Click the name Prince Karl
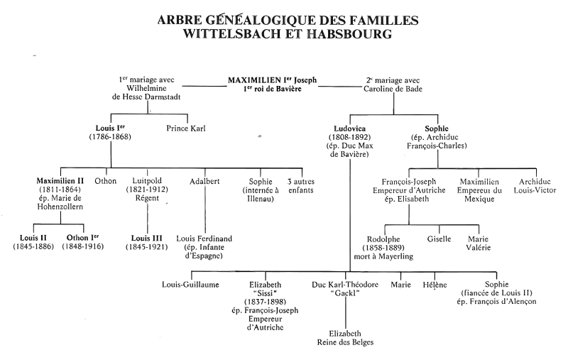tap(186, 129)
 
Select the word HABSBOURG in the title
tap(349, 33)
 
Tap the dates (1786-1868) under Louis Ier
tap(110, 137)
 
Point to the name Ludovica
tap(349, 129)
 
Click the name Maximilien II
tap(60, 181)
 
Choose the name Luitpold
tap(147, 181)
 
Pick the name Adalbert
tap(204, 181)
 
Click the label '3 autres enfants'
tap(301, 185)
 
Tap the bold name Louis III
tap(147, 238)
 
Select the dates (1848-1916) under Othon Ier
tap(82, 246)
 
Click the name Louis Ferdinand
tap(204, 239)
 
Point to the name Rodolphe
tap(383, 239)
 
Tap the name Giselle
tap(439, 239)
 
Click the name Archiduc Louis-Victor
tap(535, 186)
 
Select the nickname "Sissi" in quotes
tap(265, 293)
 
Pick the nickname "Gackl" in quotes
tap(345, 293)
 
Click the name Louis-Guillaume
tap(190, 284)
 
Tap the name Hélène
tap(435, 285)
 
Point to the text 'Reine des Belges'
tap(345, 342)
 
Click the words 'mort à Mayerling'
tap(383, 256)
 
